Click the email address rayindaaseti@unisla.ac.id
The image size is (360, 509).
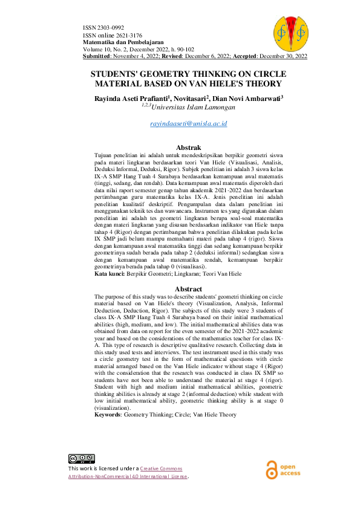click(x=188, y=123)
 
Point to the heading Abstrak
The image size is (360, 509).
click(x=188, y=147)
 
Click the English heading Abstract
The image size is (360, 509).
click(x=188, y=289)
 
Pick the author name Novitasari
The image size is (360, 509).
click(x=191, y=97)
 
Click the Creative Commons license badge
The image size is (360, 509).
click(x=80, y=458)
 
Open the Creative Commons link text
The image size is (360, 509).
click(x=160, y=468)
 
